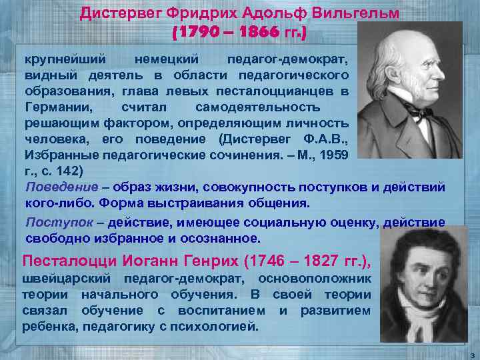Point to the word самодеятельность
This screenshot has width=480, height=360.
point(257,107)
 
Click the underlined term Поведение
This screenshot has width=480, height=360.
point(57,187)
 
